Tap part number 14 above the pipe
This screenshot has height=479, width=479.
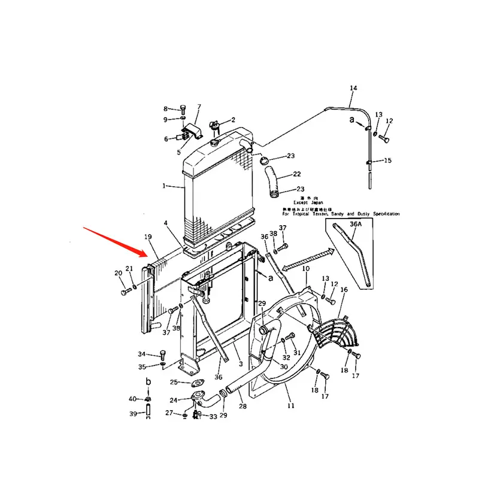click(353, 89)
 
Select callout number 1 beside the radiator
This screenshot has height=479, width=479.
click(163, 186)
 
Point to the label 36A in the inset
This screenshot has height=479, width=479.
click(356, 224)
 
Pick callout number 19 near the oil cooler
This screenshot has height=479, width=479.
click(148, 238)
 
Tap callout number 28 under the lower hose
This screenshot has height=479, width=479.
click(242, 407)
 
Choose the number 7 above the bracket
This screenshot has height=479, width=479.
click(199, 107)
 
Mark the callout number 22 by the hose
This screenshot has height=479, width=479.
click(296, 174)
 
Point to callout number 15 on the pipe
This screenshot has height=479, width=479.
click(387, 160)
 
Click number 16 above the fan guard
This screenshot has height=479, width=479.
click(344, 290)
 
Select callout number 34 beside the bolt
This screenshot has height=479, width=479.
click(142, 354)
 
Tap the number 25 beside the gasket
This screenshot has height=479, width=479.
click(174, 382)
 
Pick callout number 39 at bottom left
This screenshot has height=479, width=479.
click(132, 414)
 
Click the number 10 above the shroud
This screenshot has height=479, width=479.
click(305, 269)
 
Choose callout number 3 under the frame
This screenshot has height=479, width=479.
click(239, 363)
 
